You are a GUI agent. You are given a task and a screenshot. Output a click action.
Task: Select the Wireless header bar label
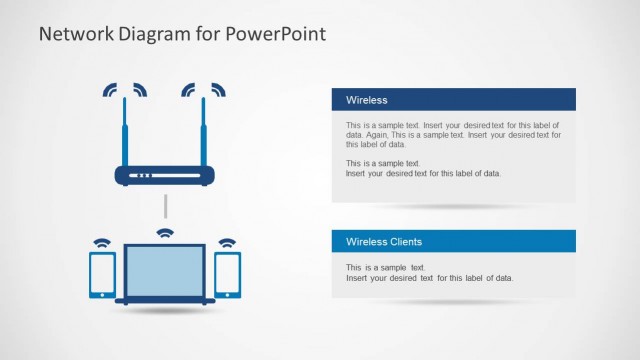click(366, 100)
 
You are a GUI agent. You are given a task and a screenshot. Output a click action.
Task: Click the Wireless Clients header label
click(383, 242)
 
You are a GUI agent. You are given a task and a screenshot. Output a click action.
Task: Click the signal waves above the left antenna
click(124, 90)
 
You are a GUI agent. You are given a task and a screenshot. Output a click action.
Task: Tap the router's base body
click(164, 175)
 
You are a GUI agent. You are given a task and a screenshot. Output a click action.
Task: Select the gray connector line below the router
click(165, 208)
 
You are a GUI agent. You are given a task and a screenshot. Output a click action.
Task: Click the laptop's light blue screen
click(164, 270)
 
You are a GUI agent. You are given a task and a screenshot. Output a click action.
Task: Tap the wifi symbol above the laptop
click(165, 235)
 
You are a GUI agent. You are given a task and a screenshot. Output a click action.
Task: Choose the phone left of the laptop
click(102, 275)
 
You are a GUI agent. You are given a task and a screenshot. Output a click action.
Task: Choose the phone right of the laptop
click(228, 275)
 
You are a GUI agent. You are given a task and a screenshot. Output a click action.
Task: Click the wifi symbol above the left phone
click(101, 243)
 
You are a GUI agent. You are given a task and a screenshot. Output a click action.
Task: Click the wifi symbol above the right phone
click(228, 243)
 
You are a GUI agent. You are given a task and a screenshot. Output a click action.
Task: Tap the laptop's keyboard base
click(165, 300)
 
